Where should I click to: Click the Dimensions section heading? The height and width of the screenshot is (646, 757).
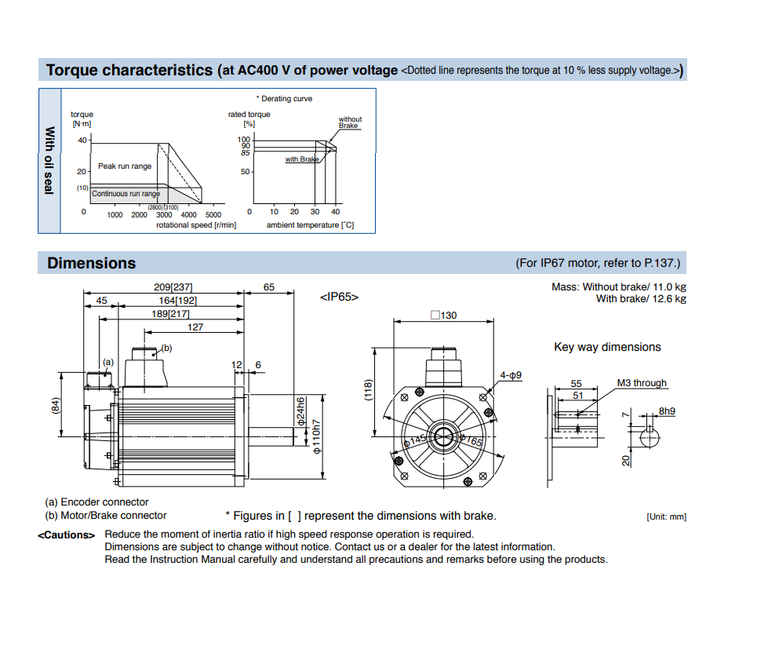point(91,263)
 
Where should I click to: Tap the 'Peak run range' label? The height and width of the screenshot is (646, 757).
point(125,166)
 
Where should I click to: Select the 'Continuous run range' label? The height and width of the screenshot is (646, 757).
point(126,194)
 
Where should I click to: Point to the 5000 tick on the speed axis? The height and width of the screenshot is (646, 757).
point(213,214)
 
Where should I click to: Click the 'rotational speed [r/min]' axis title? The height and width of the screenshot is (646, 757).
point(196,225)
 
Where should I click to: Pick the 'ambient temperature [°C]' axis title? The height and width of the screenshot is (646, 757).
point(310,225)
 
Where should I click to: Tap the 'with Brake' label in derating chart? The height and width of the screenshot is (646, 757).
point(302,159)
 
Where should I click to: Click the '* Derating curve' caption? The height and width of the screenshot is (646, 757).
point(284,99)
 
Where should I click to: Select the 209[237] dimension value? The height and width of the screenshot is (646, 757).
point(173,287)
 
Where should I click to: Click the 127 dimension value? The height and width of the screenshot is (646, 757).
point(195,327)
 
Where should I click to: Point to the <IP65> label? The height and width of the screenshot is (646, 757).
point(340,297)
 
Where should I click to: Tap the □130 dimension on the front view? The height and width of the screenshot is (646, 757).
point(443,316)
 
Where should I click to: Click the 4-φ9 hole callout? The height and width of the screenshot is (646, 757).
point(511,375)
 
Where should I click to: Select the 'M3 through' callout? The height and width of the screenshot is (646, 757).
point(641,383)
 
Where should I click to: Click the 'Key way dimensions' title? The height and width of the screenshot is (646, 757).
point(607,347)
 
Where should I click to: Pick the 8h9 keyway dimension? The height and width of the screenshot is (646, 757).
point(667,411)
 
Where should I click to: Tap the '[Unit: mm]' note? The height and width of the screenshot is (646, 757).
point(666,516)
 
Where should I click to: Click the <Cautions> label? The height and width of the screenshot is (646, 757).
point(67,535)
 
